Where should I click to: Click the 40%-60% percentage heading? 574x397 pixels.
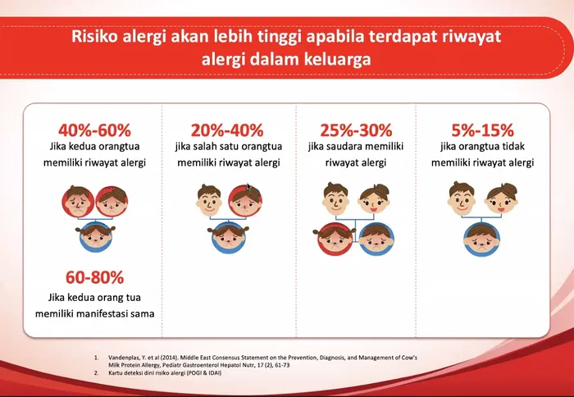(x=94, y=130)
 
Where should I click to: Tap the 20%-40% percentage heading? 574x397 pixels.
(x=226, y=130)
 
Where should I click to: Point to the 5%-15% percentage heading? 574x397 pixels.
(x=482, y=130)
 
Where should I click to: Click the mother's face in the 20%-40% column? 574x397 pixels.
(x=244, y=198)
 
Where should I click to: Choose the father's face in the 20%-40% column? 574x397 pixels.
(x=208, y=198)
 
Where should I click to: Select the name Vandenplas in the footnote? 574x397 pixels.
(x=128, y=358)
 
